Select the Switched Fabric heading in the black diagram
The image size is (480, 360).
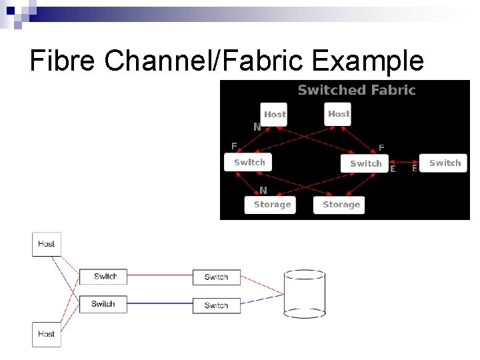(x=357, y=90)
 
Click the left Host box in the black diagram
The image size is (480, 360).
(x=274, y=115)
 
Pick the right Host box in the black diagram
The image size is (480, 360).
(x=338, y=114)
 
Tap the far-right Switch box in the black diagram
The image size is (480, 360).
(x=445, y=163)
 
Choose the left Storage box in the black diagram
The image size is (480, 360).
(x=272, y=205)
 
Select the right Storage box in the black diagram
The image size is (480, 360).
(x=341, y=205)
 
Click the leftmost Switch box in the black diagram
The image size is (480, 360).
(x=249, y=162)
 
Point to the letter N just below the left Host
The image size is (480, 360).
(x=257, y=127)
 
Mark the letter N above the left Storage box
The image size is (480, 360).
(x=263, y=190)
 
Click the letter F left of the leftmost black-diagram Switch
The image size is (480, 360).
(x=234, y=145)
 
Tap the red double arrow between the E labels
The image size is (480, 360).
(x=403, y=162)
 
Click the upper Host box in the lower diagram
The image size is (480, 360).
(x=47, y=244)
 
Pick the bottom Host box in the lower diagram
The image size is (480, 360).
(x=47, y=334)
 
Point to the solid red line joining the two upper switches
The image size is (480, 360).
(x=159, y=275)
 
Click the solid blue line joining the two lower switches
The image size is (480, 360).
(x=159, y=304)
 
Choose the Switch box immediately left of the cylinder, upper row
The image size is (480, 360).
(x=216, y=277)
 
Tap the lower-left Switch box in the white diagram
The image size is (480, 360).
(x=103, y=304)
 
